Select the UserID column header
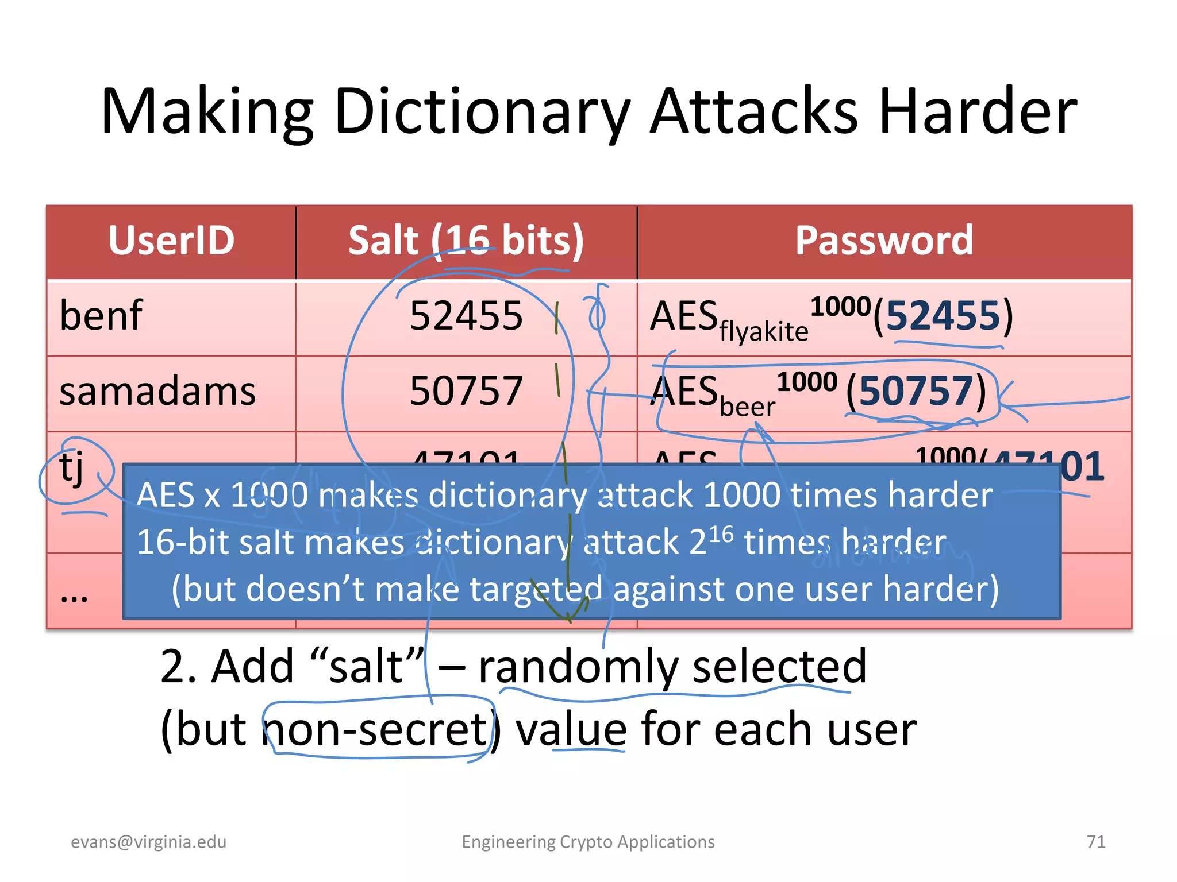pos(171,241)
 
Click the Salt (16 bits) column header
pos(466,241)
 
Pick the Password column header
pos(884,241)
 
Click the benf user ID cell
pos(101,316)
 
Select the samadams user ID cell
pos(157,392)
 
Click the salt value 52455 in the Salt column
pos(466,316)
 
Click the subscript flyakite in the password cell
pos(764,332)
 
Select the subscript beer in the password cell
pos(747,407)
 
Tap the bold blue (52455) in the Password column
pos(943,316)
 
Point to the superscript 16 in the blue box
pos(721,534)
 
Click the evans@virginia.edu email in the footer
pos(149,842)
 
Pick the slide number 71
pos(1096,842)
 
